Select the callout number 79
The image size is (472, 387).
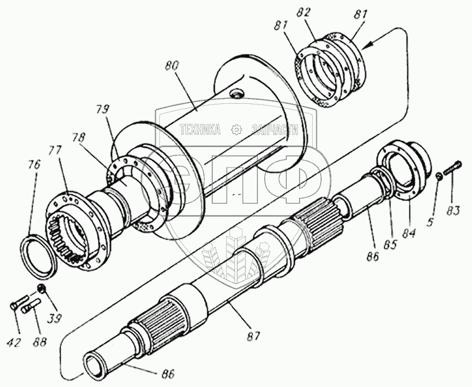(103, 110)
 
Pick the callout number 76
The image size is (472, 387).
(34, 165)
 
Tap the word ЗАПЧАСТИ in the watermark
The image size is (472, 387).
(274, 129)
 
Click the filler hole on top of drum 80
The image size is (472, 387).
(237, 93)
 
